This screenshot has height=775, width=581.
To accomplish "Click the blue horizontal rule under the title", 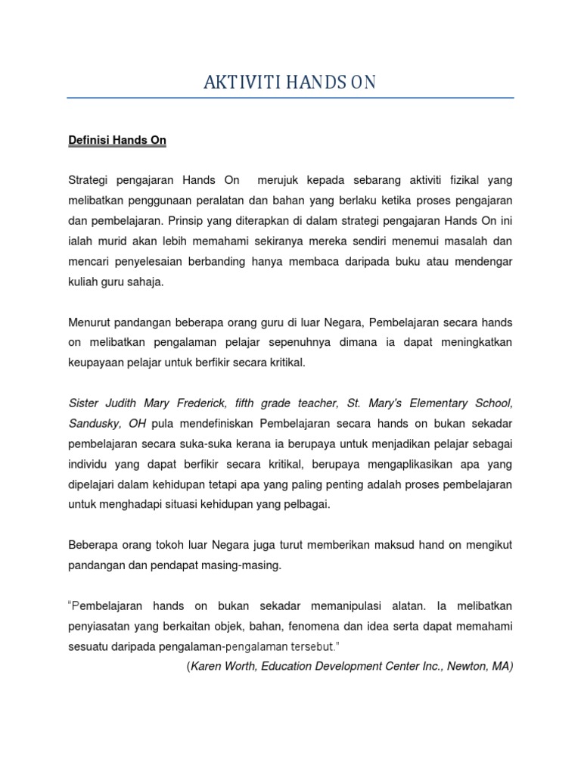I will click(x=290, y=98).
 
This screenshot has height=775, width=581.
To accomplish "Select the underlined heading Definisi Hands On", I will click(x=117, y=141).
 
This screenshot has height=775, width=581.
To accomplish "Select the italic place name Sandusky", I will click(x=94, y=423).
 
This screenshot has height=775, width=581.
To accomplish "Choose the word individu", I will click(x=89, y=464).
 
